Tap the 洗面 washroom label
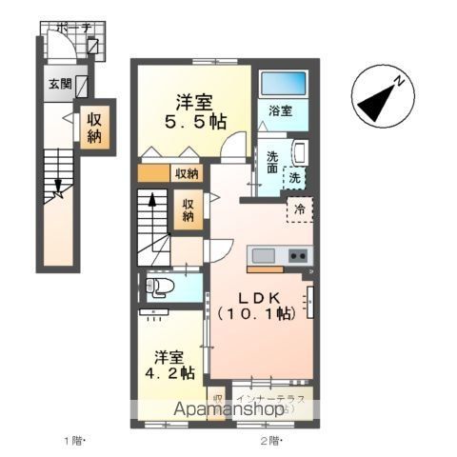pyautogui.click(x=272, y=163)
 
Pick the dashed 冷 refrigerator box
pyautogui.click(x=299, y=209)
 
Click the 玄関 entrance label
pyautogui.click(x=59, y=84)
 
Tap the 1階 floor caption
pyautogui.click(x=75, y=441)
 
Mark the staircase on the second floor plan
pyautogui.click(x=152, y=227)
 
